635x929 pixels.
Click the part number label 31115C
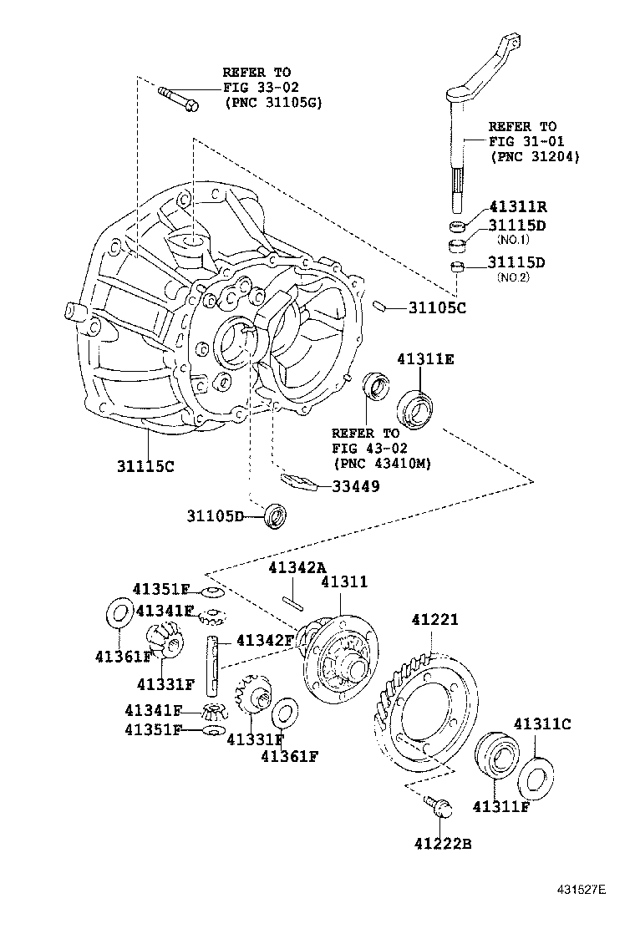coord(145,466)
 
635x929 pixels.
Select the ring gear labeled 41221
coord(426,710)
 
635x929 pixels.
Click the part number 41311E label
coord(425,359)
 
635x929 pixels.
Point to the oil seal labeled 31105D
coord(275,516)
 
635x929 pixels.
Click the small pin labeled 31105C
coord(378,307)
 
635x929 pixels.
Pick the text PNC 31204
coord(535,156)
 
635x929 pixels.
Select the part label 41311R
coord(517,206)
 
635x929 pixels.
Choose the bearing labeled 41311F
coord(495,756)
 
